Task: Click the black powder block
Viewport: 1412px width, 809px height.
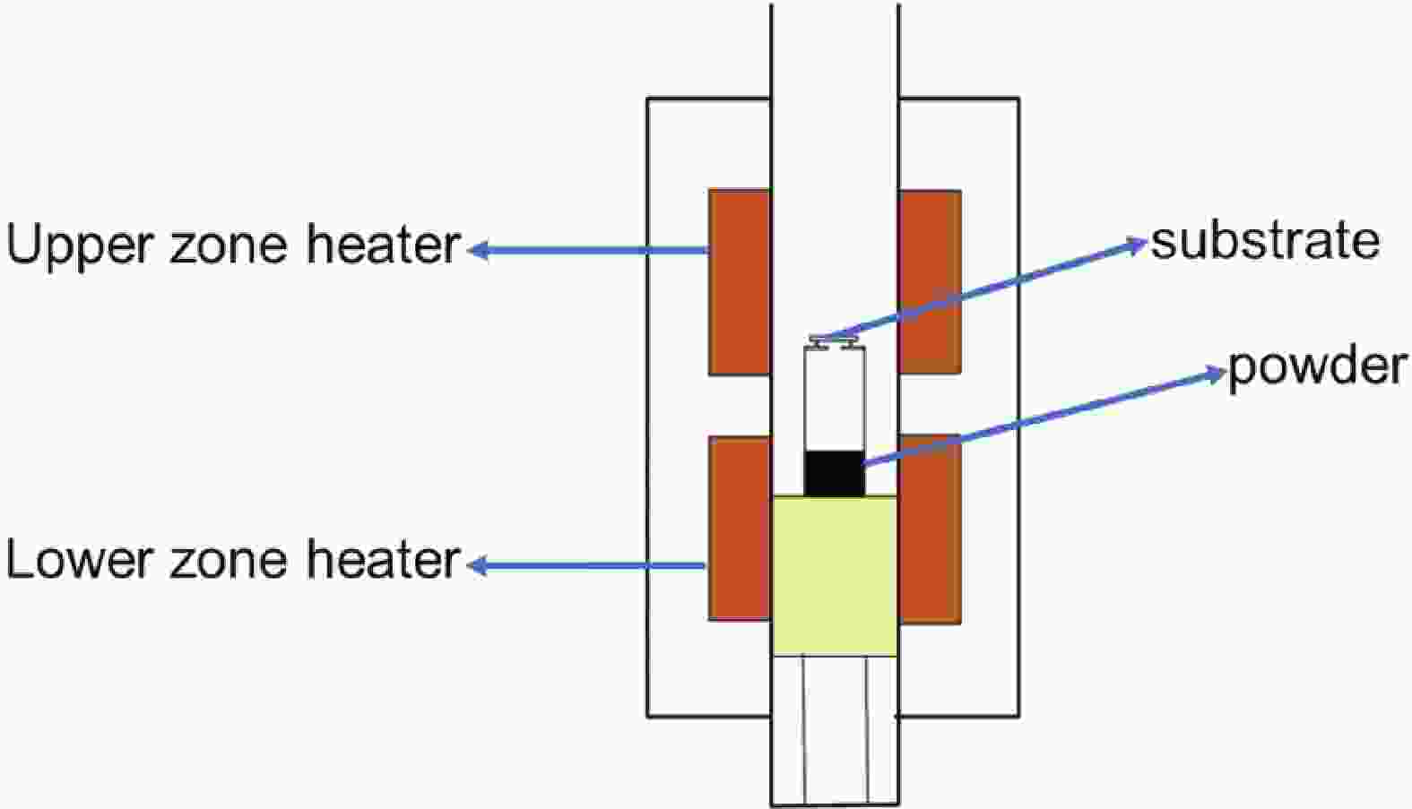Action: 834,473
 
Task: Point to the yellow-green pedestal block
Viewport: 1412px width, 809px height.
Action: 835,576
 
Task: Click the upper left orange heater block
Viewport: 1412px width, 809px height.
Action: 740,281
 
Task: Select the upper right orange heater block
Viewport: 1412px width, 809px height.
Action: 930,281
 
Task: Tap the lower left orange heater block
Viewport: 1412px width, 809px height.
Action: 740,528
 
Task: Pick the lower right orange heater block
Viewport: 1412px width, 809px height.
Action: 930,529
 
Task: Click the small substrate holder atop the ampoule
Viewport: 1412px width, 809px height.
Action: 834,341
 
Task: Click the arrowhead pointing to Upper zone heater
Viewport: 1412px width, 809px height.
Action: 478,251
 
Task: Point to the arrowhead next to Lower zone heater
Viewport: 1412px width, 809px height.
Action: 478,566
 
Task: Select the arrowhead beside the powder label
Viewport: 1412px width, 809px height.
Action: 1214,374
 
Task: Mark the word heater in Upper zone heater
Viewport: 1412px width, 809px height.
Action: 384,244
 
